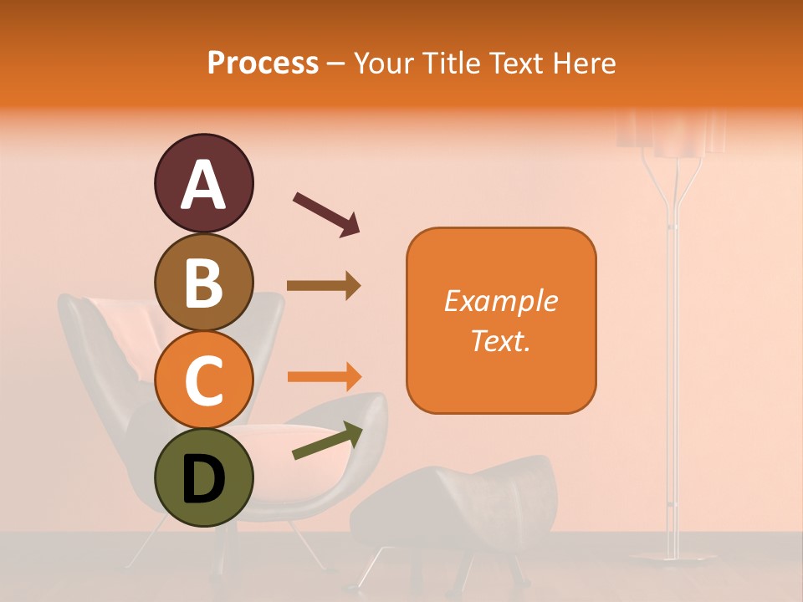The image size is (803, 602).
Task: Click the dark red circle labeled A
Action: [x=203, y=183]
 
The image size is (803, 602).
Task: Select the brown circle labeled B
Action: [x=203, y=282]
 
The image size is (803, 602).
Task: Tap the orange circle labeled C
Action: [x=203, y=380]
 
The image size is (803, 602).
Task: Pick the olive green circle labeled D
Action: [x=203, y=478]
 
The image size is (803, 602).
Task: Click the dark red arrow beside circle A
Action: [x=326, y=213]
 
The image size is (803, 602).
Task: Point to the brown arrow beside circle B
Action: [x=324, y=285]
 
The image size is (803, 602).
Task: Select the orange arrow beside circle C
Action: [x=324, y=376]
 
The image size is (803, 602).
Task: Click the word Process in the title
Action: [x=263, y=64]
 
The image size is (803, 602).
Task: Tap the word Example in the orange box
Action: [x=501, y=301]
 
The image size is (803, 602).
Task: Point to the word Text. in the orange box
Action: [x=501, y=340]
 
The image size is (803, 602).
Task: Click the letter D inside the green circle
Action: [x=203, y=480]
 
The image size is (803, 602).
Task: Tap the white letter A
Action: [x=203, y=185]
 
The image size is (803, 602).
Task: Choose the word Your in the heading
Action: [x=382, y=64]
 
